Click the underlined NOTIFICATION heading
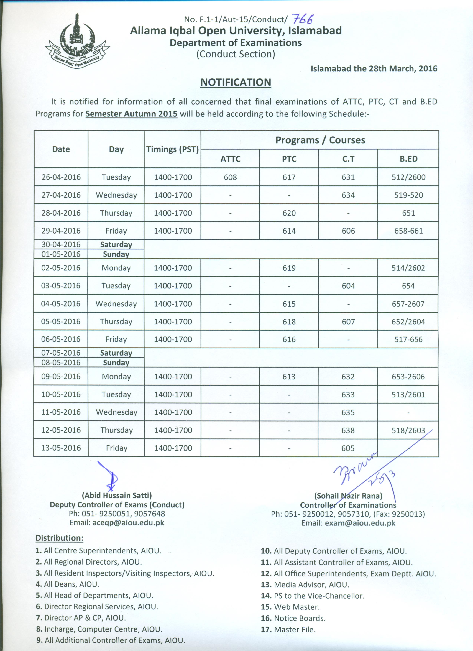coord(235,82)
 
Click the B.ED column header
coord(408,159)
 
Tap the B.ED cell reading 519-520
coord(408,195)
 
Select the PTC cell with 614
coord(289,231)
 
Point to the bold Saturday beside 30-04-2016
coord(116,245)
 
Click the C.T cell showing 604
coord(348,286)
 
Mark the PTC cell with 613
coord(289,377)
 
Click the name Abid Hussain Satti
coord(117,495)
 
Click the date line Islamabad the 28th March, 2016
coord(374,69)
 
